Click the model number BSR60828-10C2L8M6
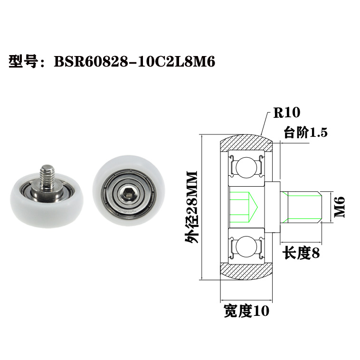(x=135, y=62)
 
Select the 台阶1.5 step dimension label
(x=306, y=133)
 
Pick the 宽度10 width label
(x=246, y=312)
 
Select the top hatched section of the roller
(x=246, y=142)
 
